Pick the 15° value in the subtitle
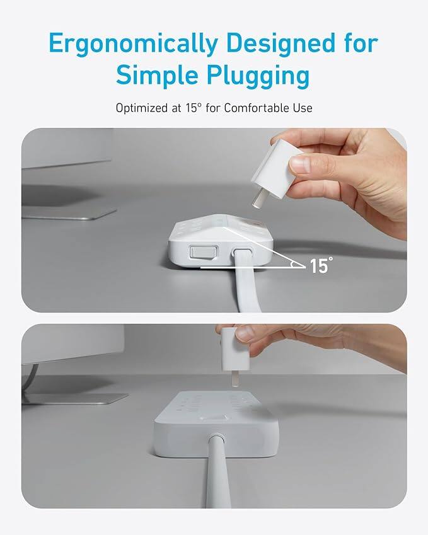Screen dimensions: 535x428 click(192, 108)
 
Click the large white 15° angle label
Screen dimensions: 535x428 click(320, 265)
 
